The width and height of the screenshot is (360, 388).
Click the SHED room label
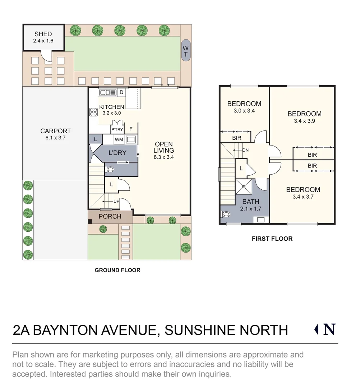[x=43, y=34]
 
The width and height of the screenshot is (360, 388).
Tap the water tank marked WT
[x=185, y=51]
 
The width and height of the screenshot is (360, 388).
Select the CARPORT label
[x=55, y=131]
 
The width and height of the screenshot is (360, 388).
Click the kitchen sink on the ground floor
[x=108, y=93]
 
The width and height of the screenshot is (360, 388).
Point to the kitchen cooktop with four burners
[x=94, y=112]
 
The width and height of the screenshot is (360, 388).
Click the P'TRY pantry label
[x=117, y=129]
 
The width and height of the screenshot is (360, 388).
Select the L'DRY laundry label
[x=117, y=153]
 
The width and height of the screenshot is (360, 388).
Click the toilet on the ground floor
[x=110, y=169]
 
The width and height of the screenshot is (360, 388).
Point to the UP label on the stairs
[x=116, y=201]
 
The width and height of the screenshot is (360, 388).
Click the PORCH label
[x=110, y=216]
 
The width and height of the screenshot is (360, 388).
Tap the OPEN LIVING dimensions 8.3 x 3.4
[x=163, y=157]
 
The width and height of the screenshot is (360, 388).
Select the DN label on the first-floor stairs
[x=245, y=150]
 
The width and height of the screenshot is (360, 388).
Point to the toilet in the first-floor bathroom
[x=226, y=214]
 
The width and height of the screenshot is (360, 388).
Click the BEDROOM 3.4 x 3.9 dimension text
[x=304, y=121]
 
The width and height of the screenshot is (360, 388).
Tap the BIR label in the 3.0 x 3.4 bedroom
[x=236, y=138]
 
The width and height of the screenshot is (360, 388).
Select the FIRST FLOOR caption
[x=272, y=239]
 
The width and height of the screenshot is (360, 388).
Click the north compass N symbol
[x=329, y=329]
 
